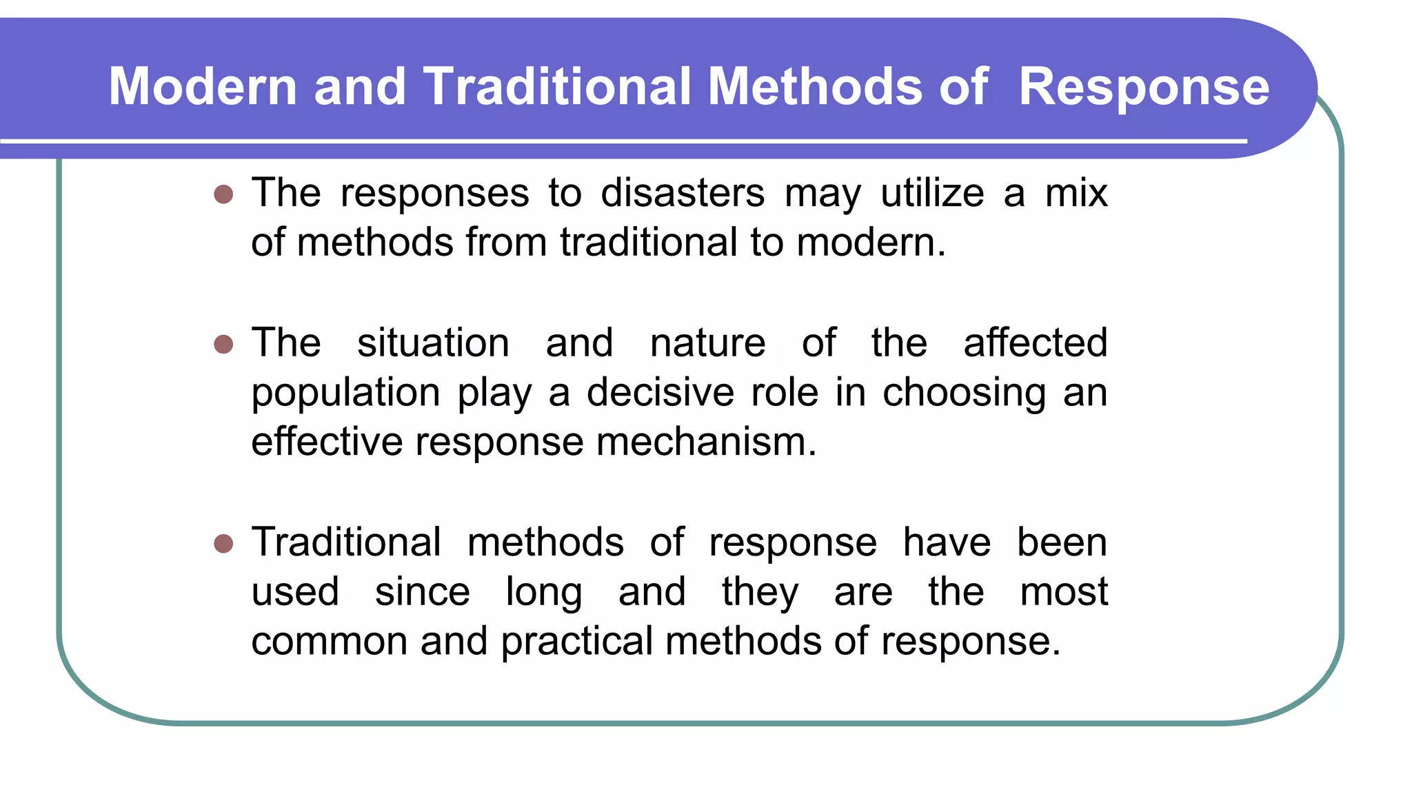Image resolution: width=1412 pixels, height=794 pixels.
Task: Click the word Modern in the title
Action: click(x=203, y=87)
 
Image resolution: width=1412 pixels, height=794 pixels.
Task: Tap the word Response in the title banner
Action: click(x=1143, y=87)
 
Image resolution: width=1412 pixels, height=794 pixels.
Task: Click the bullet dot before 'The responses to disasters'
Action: click(x=223, y=194)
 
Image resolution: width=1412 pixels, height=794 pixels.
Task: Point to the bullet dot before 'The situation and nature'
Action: click(x=223, y=343)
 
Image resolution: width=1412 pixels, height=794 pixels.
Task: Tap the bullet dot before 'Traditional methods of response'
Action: click(x=223, y=543)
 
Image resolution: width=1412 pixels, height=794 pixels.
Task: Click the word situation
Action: click(x=433, y=343)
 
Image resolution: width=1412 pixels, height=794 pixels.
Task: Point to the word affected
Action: click(x=1035, y=343)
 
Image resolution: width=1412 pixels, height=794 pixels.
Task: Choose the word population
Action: click(x=345, y=393)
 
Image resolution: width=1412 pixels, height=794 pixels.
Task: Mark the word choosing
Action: click(x=964, y=393)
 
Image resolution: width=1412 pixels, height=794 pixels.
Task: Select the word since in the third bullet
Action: click(x=422, y=592)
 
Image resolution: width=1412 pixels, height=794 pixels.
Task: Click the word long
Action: click(x=544, y=593)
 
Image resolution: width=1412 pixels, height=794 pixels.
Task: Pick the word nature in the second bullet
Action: click(x=707, y=343)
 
